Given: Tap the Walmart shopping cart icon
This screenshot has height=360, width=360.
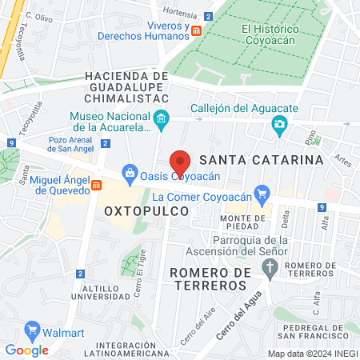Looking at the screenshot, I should pos(33,328).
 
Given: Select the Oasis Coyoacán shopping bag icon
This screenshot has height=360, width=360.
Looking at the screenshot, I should pos(128,172).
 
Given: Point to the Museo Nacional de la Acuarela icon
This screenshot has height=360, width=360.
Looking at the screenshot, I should pos(162,120).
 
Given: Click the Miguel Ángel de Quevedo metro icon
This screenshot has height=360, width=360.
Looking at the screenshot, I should pos(96,186).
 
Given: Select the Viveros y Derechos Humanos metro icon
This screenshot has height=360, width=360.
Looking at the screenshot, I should pos(197,30).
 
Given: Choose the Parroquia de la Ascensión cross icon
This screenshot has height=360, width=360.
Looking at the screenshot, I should pos(271,266).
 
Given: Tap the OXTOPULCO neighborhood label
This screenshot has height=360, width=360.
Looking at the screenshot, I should pos(146,210).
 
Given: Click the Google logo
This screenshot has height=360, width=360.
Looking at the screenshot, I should pos(26,350).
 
